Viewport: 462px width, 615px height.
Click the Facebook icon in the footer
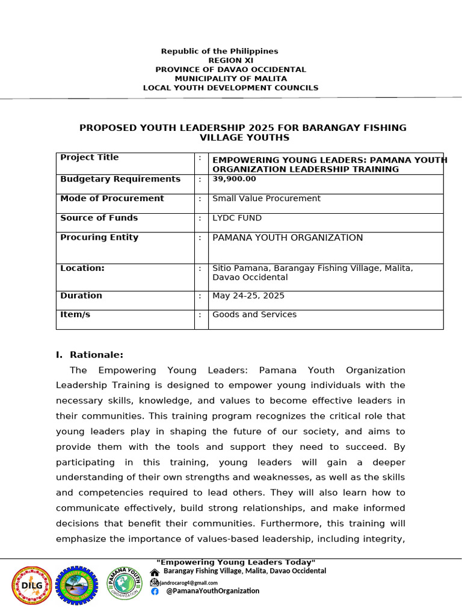click(155, 591)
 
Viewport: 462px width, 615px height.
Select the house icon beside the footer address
click(155, 572)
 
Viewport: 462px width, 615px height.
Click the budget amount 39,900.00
click(234, 179)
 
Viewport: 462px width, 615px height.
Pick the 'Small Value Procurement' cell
click(266, 198)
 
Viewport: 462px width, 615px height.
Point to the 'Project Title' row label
click(90, 157)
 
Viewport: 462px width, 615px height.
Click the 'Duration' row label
click(81, 295)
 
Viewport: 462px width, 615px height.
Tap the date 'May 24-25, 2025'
click(248, 296)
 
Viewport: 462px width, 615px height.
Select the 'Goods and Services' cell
click(254, 315)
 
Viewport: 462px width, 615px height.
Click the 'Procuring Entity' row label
click(99, 237)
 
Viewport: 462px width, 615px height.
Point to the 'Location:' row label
click(82, 268)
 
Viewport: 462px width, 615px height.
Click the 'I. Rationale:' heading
click(90, 355)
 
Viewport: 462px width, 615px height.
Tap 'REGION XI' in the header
click(231, 61)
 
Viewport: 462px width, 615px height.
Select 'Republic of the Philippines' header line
click(220, 52)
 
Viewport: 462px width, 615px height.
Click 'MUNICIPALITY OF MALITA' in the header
click(231, 79)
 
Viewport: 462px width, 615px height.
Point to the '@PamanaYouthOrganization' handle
click(213, 591)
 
